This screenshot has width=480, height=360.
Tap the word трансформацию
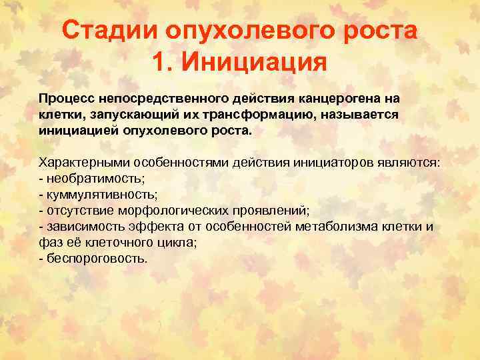(261, 114)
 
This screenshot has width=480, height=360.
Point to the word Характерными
(84, 163)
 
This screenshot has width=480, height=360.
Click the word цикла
(177, 243)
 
